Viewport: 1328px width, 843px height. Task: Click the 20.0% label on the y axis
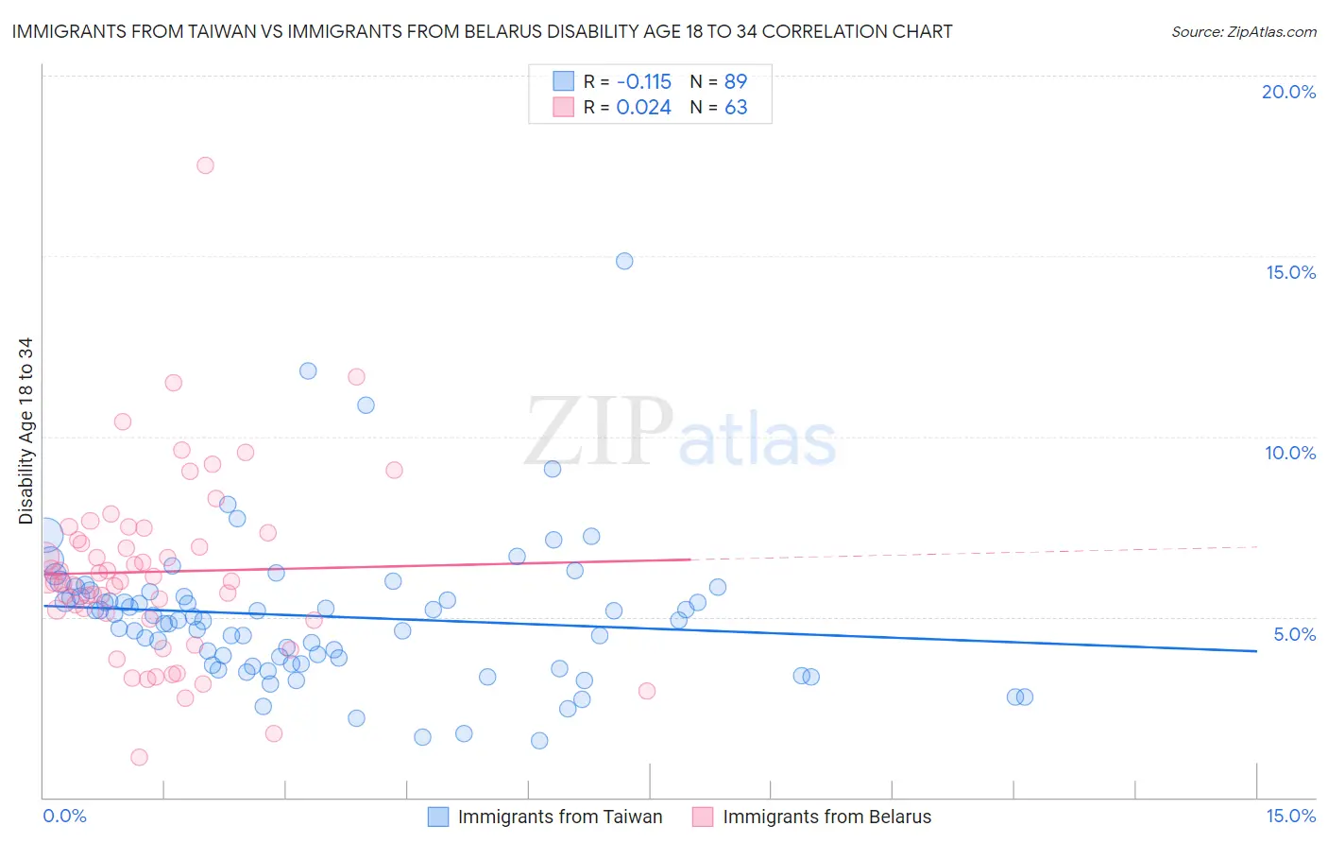tap(1288, 92)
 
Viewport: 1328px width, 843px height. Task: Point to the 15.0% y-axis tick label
tap(1290, 272)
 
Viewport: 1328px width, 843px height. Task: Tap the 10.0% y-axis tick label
tap(1290, 453)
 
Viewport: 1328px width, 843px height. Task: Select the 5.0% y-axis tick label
tap(1294, 634)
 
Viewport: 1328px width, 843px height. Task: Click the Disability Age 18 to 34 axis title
tap(26, 431)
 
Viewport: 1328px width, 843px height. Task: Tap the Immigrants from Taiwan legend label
tap(560, 817)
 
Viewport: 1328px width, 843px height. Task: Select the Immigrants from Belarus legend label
tap(826, 817)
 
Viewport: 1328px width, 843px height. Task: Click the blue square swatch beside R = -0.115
tap(564, 81)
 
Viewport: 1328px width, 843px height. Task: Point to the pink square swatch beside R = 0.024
tap(564, 107)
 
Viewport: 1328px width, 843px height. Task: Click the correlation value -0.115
tap(643, 81)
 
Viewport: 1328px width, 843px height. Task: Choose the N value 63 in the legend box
tap(736, 107)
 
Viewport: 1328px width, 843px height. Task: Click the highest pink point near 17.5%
tap(205, 165)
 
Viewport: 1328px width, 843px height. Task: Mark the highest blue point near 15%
tap(624, 261)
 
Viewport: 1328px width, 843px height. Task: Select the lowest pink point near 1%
tap(139, 757)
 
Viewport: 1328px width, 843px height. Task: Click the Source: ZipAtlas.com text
tap(1243, 32)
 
